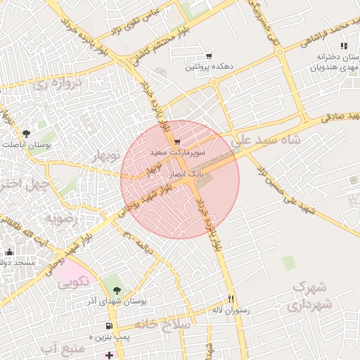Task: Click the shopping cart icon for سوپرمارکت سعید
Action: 176,142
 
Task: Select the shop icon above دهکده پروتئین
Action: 209,56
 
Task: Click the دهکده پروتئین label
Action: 209,67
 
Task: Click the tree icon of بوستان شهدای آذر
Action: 117,290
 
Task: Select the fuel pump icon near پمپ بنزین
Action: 108,326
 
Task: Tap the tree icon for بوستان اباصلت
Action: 26,133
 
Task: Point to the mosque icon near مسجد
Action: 9,252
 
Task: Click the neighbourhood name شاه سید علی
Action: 269,139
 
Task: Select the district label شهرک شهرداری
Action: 309,296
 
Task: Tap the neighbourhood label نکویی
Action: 72,283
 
